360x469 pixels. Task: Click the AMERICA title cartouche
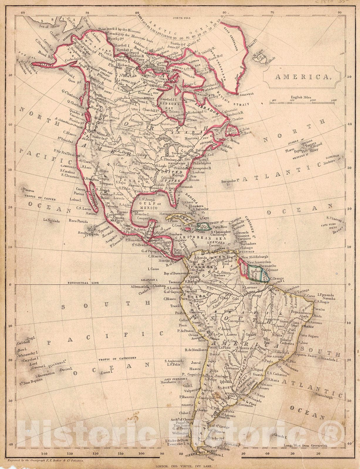click(302, 77)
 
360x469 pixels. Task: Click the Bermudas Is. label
click(229, 181)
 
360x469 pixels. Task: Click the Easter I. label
click(107, 372)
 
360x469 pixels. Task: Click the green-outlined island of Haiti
click(203, 226)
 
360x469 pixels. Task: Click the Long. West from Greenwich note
click(305, 446)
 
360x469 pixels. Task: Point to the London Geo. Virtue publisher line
click(180, 465)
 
